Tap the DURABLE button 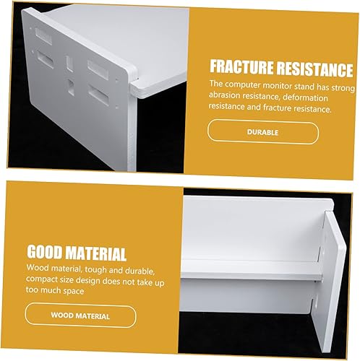click(262, 133)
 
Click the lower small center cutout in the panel click(72, 85)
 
